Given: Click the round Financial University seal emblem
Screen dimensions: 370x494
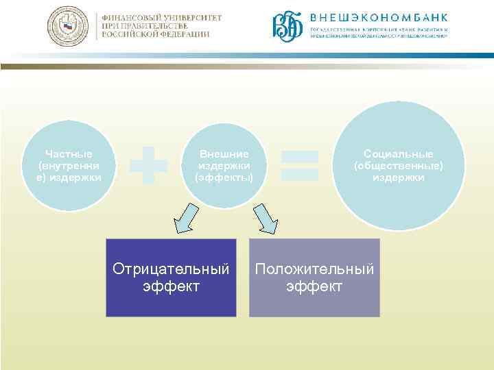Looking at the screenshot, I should click(67, 26).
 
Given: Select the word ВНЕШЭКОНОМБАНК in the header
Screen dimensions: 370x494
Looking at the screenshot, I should click(379, 17).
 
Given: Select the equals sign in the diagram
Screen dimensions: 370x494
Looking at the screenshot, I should click(301, 165).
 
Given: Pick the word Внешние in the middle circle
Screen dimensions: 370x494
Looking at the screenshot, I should click(224, 154).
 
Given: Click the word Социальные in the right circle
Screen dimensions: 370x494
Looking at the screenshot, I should click(399, 154).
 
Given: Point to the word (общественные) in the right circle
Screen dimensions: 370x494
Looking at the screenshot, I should click(399, 166).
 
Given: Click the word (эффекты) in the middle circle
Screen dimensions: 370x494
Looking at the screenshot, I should click(224, 177).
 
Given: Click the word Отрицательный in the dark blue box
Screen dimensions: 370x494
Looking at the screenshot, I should click(171, 269).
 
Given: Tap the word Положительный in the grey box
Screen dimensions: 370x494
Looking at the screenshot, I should click(314, 269).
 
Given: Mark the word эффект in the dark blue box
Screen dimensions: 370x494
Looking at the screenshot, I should click(171, 286).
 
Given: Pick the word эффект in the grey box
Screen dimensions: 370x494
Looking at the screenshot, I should click(314, 286).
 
